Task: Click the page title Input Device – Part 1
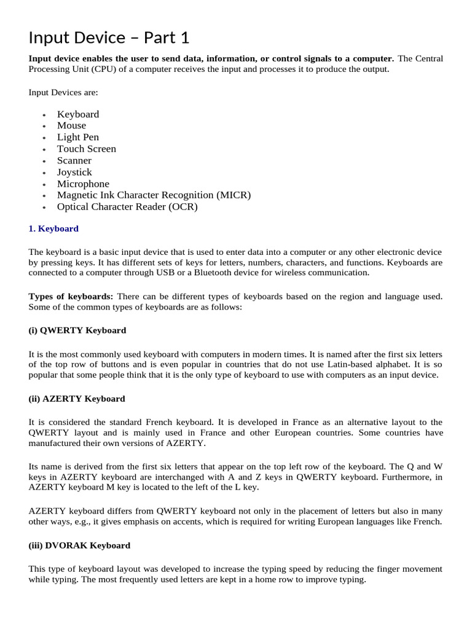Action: pyautogui.click(x=109, y=38)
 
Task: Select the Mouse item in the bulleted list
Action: pyautogui.click(x=71, y=125)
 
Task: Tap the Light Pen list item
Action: pyautogui.click(x=77, y=137)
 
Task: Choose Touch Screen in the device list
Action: pyautogui.click(x=86, y=149)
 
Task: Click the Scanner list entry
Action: pyautogui.click(x=74, y=160)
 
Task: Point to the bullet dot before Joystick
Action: pyautogui.click(x=44, y=173)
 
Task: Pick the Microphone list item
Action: pyautogui.click(x=83, y=184)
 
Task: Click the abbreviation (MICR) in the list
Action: pyautogui.click(x=234, y=195)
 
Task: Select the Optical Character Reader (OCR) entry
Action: pyautogui.click(x=127, y=206)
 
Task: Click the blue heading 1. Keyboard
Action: pyautogui.click(x=53, y=229)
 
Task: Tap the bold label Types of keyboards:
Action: pyautogui.click(x=71, y=296)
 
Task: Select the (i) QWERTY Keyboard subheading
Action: pyautogui.click(x=77, y=330)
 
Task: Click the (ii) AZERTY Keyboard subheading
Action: pyautogui.click(x=77, y=399)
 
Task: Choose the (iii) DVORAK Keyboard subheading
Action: pyautogui.click(x=79, y=545)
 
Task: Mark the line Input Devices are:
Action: pyautogui.click(x=63, y=92)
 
